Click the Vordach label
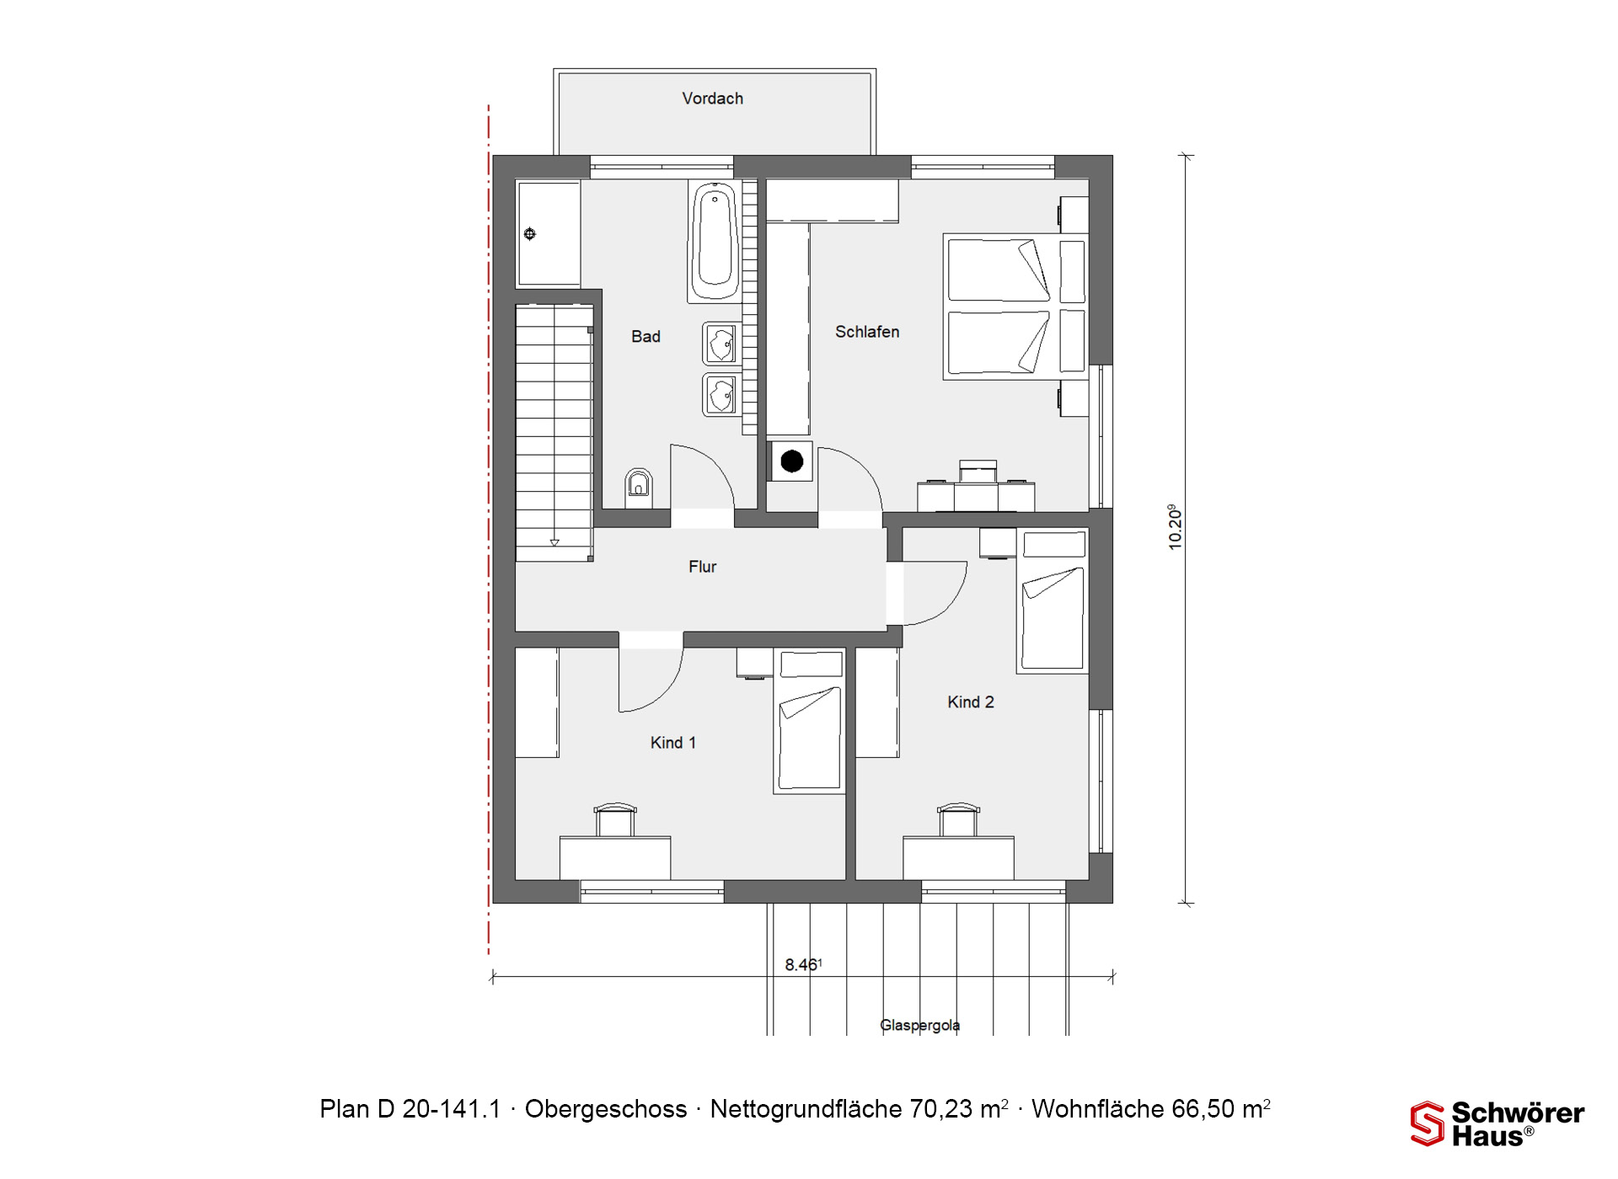(713, 99)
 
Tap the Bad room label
(646, 337)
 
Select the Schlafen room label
(867, 332)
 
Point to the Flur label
(702, 567)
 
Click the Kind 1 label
(672, 743)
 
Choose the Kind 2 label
(971, 702)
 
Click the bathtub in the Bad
(715, 241)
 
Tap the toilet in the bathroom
(639, 483)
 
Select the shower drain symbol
(530, 234)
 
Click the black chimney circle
(792, 461)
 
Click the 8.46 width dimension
(803, 964)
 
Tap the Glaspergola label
(920, 1025)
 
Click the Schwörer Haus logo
(1497, 1124)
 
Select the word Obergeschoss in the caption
(606, 1109)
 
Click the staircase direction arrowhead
(555, 543)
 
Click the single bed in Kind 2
(1053, 600)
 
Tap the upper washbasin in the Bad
(721, 344)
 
